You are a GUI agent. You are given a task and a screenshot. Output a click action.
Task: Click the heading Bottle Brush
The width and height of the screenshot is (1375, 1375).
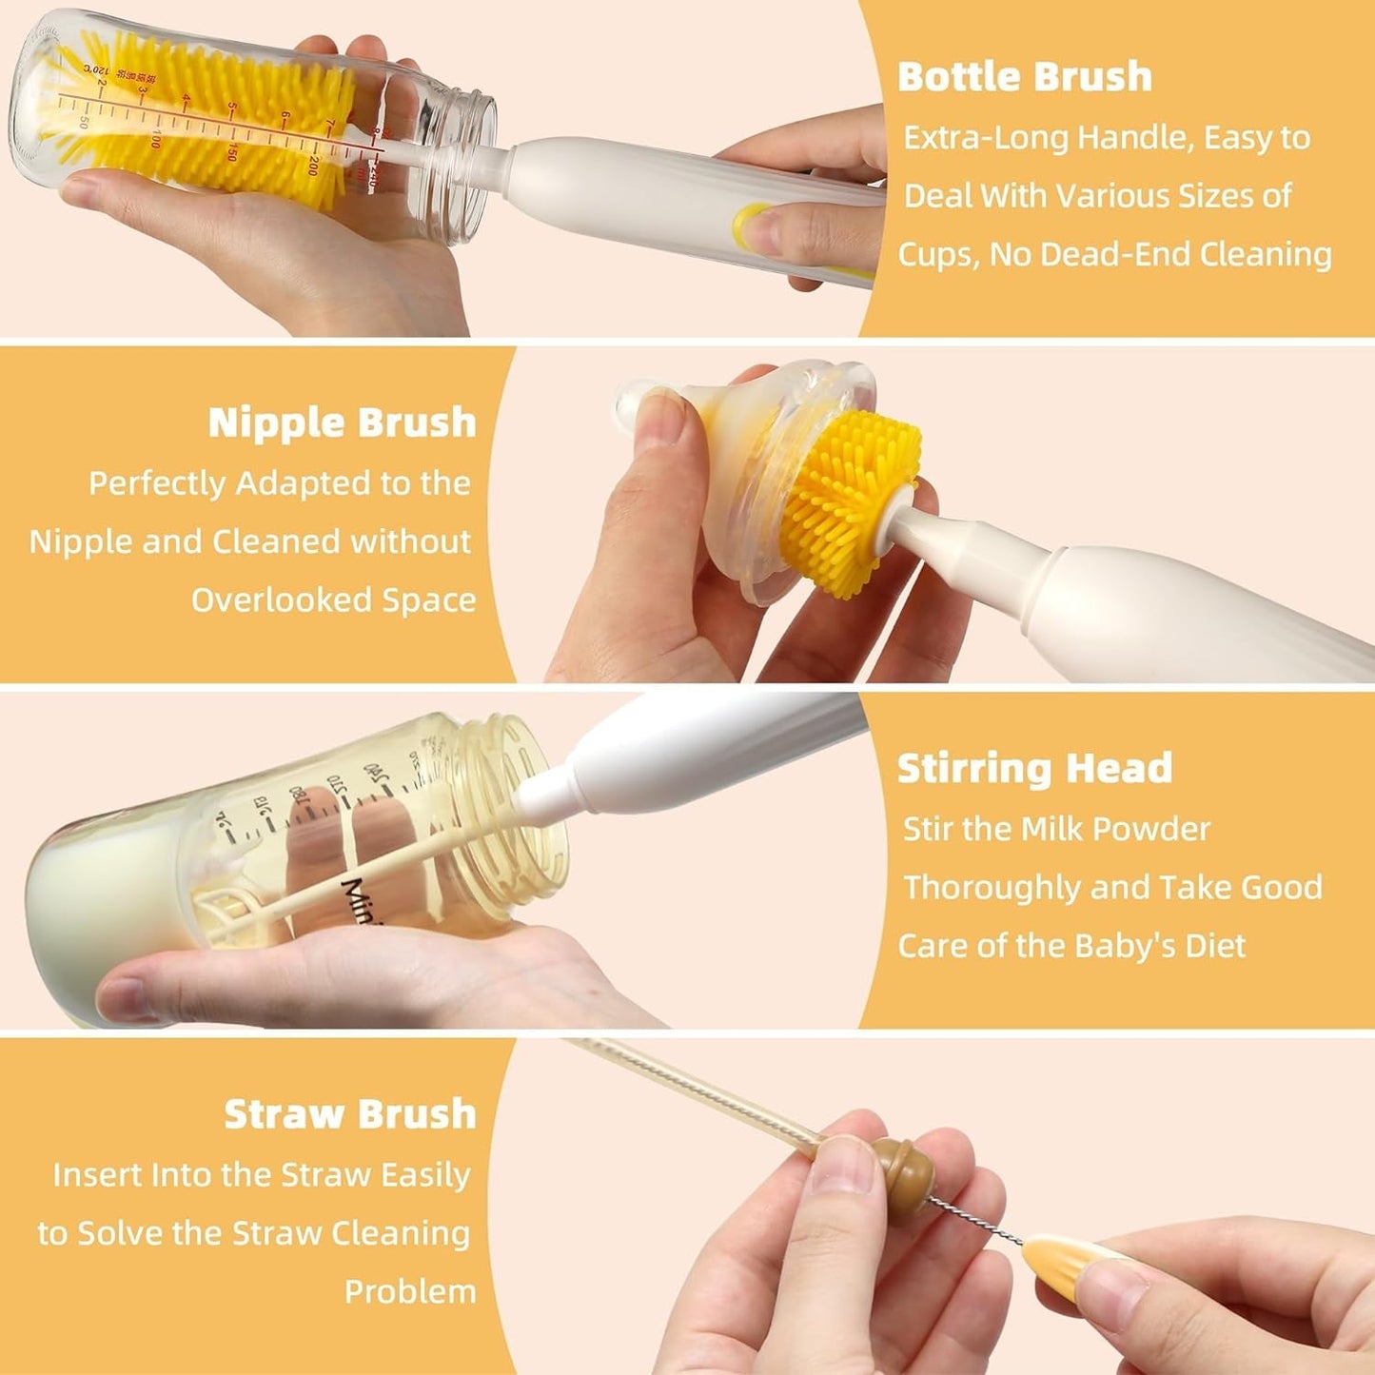click(1024, 76)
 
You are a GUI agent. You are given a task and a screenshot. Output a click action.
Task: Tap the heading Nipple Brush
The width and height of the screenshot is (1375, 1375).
click(342, 422)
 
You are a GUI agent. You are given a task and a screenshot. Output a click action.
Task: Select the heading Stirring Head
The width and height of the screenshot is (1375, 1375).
click(1034, 768)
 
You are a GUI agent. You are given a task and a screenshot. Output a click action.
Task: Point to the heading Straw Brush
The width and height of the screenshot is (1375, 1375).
click(349, 1113)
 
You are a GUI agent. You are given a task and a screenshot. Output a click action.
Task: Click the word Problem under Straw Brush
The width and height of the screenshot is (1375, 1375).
click(409, 1291)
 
